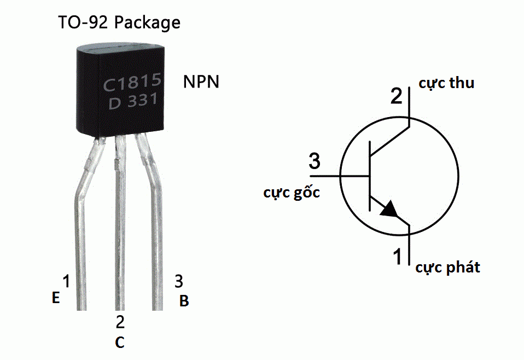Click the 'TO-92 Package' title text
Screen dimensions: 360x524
[x=119, y=23]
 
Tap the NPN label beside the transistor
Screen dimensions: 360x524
[x=201, y=82]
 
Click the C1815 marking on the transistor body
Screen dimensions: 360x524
[x=132, y=84]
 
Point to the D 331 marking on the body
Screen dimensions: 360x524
[x=133, y=102]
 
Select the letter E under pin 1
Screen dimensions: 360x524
[x=55, y=298]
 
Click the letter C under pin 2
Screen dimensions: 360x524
[x=120, y=342]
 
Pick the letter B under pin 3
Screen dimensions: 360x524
[x=184, y=301]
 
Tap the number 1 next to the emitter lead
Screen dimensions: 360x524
[x=66, y=282]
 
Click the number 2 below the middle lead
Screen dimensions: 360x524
[x=120, y=322]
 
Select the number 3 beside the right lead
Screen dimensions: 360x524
[x=179, y=282]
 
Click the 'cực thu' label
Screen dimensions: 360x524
[x=446, y=83]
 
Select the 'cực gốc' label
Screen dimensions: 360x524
[x=292, y=193]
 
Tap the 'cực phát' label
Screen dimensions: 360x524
[x=447, y=268]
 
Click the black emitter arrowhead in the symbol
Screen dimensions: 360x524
[x=389, y=210]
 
